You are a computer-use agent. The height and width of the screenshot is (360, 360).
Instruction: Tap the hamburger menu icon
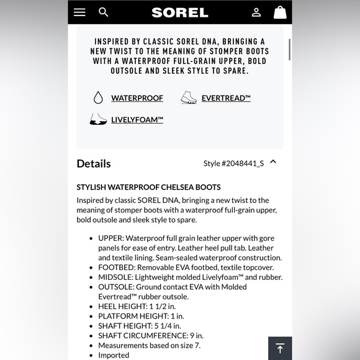pyautogui.click(x=79, y=12)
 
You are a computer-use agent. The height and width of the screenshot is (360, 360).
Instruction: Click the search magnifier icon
pyautogui.click(x=104, y=12)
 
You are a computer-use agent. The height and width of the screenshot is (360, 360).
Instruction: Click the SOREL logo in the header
pyautogui.click(x=180, y=12)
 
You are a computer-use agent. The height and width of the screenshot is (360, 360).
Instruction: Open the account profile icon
pyautogui.click(x=256, y=12)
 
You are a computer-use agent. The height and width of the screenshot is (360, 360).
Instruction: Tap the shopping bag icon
pyautogui.click(x=280, y=12)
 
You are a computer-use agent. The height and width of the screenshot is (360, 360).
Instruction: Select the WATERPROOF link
pyautogui.click(x=137, y=98)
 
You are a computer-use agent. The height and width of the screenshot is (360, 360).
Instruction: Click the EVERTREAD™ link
pyautogui.click(x=226, y=98)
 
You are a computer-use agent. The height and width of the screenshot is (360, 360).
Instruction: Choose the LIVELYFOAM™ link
pyautogui.click(x=137, y=120)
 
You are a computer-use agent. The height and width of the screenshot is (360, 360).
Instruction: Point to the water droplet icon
pyautogui.click(x=98, y=97)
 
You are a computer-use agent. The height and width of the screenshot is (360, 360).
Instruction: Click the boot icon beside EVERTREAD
pyautogui.click(x=189, y=97)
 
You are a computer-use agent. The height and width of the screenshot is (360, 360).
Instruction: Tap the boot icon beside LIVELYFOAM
pyautogui.click(x=98, y=119)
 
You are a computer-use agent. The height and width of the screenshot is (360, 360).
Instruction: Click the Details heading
pyautogui.click(x=94, y=163)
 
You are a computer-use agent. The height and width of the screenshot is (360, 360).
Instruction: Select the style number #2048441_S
pyautogui.click(x=233, y=163)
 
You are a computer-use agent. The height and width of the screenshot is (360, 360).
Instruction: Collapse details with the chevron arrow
pyautogui.click(x=273, y=162)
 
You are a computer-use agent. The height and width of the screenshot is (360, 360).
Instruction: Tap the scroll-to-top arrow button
pyautogui.click(x=280, y=348)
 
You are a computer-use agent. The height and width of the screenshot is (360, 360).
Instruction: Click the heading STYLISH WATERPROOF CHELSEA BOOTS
pyautogui.click(x=148, y=187)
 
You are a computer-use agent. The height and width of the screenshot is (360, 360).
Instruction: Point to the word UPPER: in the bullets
pyautogui.click(x=112, y=238)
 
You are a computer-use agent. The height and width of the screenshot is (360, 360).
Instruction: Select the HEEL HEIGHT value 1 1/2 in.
pyautogui.click(x=163, y=307)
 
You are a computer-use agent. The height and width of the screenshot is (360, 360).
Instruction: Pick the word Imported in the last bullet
pyautogui.click(x=114, y=355)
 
